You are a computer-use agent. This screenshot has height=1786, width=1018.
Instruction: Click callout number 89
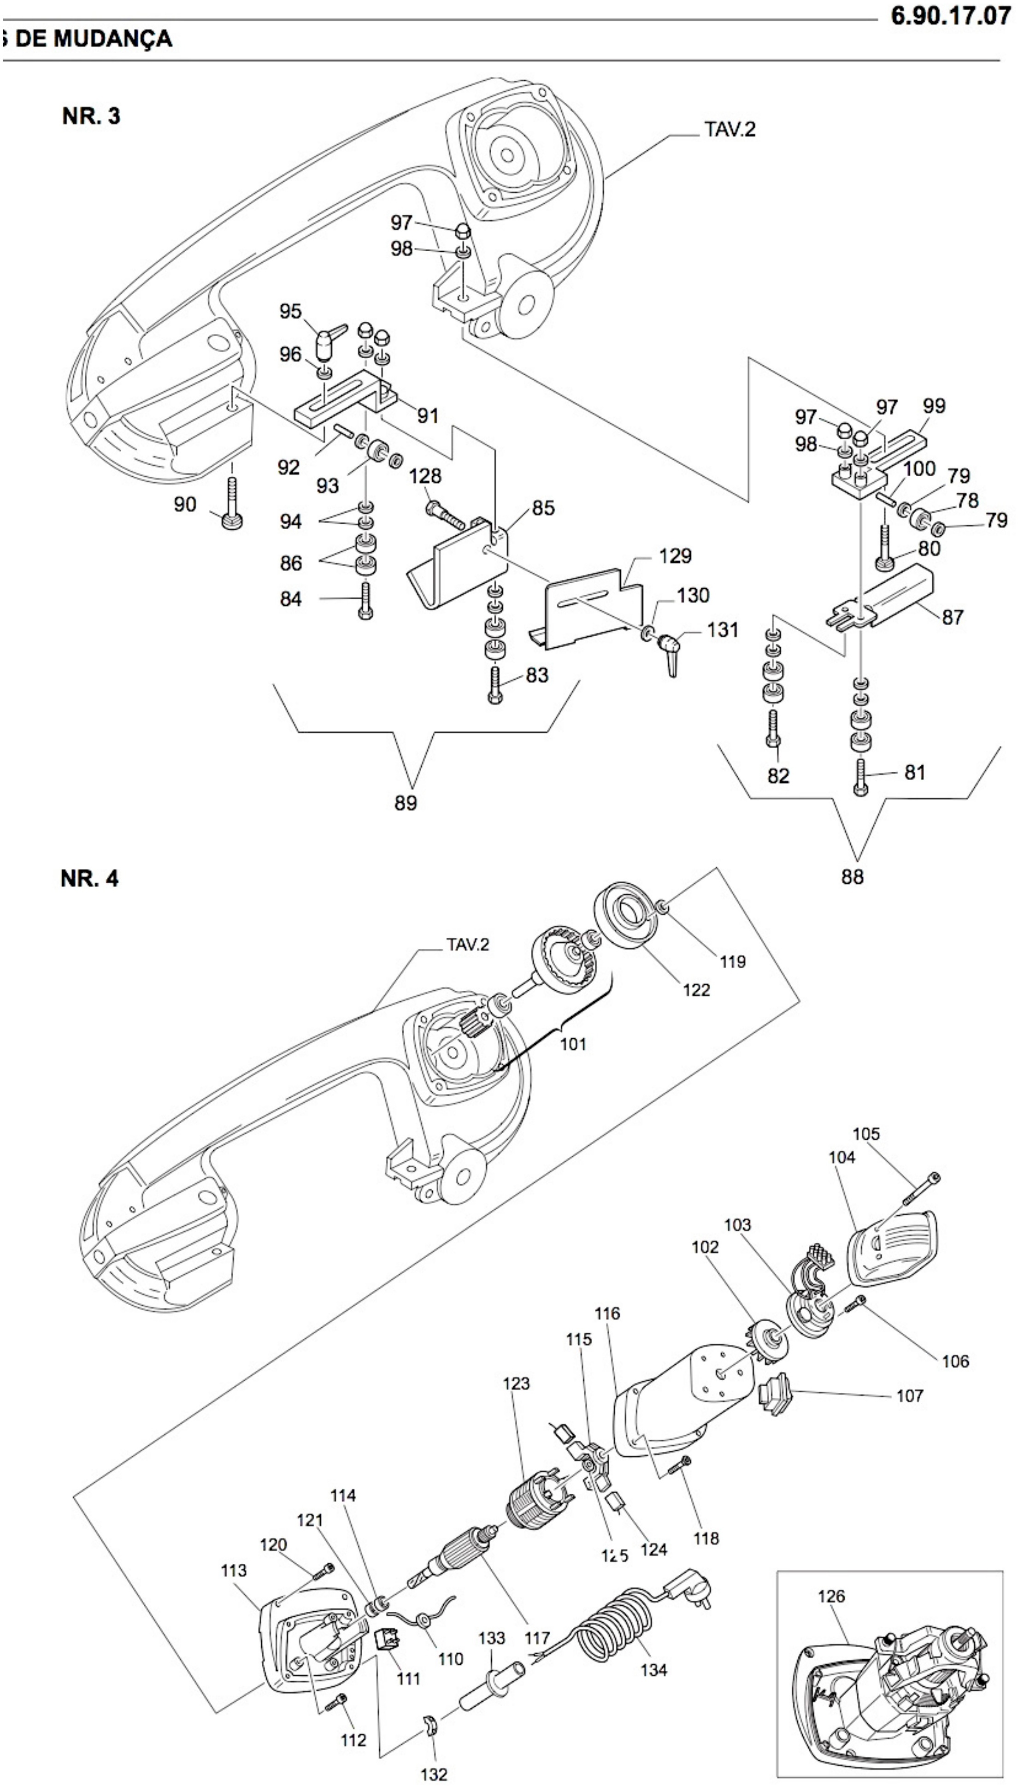[406, 803]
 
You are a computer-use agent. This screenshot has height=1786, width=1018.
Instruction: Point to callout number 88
[852, 876]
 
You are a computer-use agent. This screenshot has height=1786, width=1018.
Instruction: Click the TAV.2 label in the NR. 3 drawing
[730, 130]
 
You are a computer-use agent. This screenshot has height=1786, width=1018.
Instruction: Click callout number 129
[675, 556]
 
